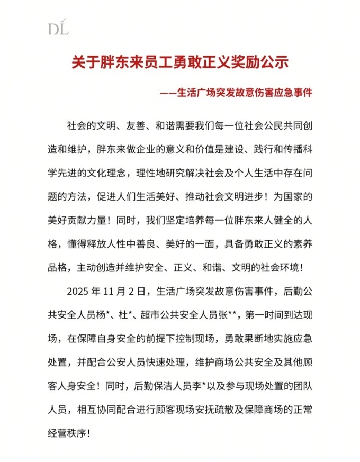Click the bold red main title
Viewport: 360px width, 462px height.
pyautogui.click(x=180, y=62)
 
